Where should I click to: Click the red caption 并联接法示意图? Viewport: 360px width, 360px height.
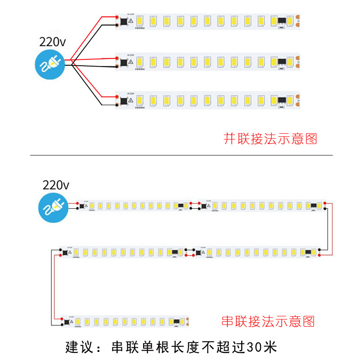pyautogui.click(x=270, y=139)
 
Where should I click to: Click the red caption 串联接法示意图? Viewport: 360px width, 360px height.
pyautogui.click(x=268, y=321)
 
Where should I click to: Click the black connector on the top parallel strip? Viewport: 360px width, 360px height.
pyautogui.click(x=123, y=21)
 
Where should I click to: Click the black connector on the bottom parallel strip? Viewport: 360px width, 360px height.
pyautogui.click(x=123, y=100)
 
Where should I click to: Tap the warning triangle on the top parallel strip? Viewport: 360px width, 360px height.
pyautogui.click(x=130, y=21)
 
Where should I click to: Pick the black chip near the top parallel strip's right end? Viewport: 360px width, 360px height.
pyautogui.click(x=282, y=21)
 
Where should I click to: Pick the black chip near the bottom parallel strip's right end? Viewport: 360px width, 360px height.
pyautogui.click(x=282, y=100)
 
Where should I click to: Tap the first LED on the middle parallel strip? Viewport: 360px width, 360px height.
pyautogui.click(x=139, y=61)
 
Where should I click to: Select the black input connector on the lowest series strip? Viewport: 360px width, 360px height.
pyautogui.click(x=66, y=322)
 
